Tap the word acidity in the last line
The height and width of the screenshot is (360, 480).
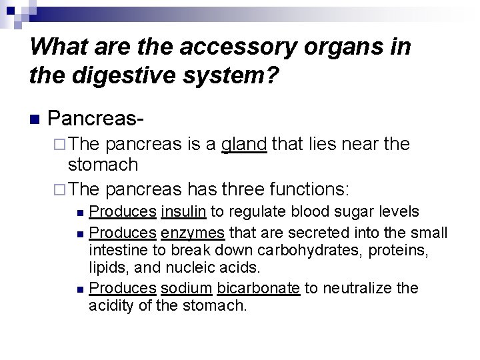pyautogui.click(x=111, y=305)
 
